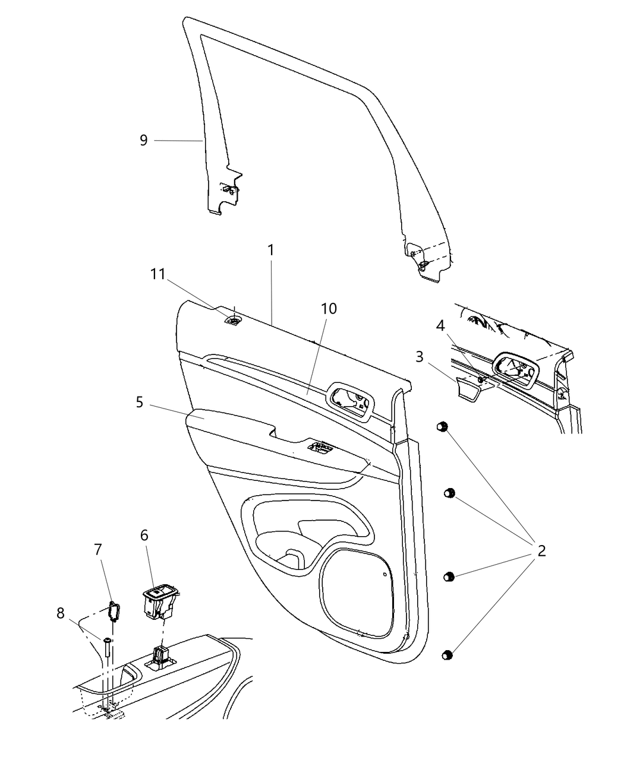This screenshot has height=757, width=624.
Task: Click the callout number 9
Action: pos(143,141)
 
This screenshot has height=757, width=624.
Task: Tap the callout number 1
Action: pos(271,250)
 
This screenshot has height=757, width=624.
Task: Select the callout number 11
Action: pos(157,274)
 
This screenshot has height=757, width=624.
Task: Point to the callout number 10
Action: pos(329,309)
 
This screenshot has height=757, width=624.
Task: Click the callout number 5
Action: pos(139,403)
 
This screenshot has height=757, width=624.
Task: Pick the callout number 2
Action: pos(541,551)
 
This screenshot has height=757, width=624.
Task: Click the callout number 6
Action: pos(144,535)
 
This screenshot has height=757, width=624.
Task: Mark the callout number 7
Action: pos(98,550)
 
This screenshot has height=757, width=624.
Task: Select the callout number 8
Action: pos(61,613)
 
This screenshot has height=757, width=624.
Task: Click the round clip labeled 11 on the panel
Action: pos(234,322)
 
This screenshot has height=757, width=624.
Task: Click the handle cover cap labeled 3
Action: pos(469,389)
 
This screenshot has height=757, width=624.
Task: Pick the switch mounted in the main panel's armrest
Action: pos(321,448)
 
